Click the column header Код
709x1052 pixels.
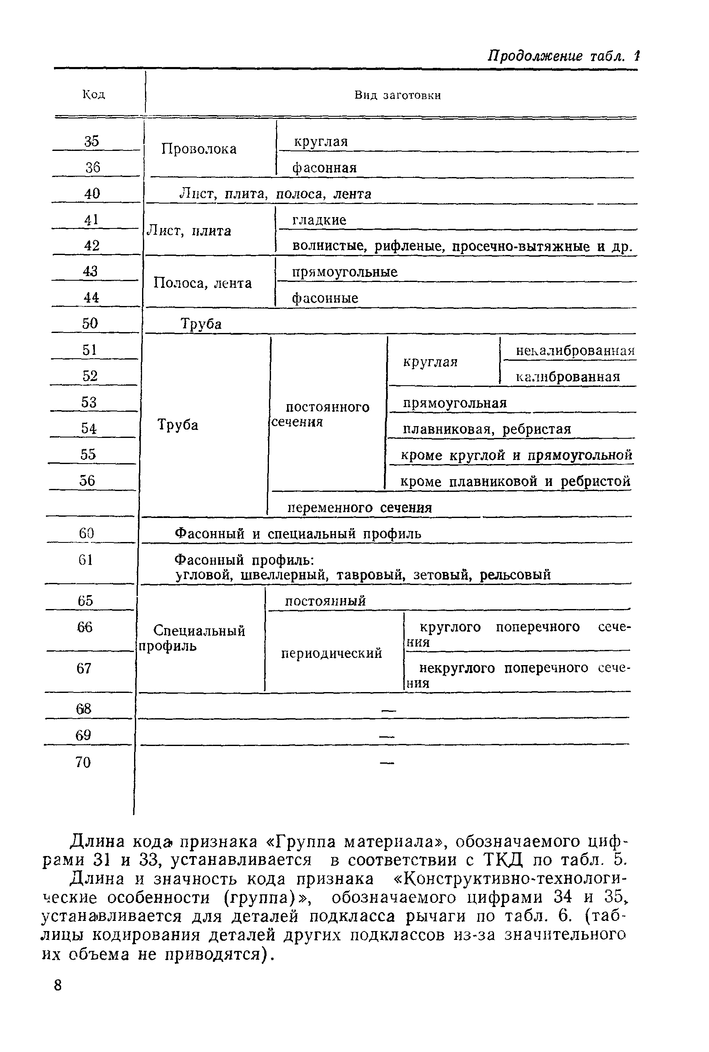point(94,94)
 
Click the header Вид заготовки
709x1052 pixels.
point(397,95)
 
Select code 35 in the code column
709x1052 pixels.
point(92,142)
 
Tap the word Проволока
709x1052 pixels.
point(199,149)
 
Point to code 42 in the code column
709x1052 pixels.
point(92,245)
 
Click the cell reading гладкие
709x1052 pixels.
point(320,220)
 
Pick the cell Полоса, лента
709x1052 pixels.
point(203,283)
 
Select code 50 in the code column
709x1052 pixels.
point(90,323)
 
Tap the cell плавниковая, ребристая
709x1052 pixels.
point(487,429)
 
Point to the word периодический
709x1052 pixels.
point(332,653)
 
